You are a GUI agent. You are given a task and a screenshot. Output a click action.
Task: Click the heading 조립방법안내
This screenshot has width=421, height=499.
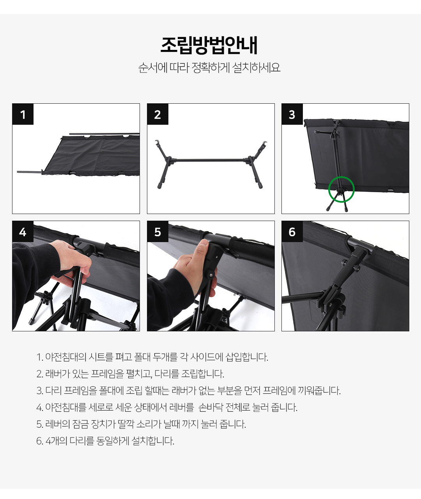209,45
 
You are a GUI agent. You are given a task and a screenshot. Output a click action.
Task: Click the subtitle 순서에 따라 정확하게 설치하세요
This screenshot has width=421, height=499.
209,67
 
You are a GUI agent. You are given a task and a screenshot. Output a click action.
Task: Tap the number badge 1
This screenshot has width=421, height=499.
23,114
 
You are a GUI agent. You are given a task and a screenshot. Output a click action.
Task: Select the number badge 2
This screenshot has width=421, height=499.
157,114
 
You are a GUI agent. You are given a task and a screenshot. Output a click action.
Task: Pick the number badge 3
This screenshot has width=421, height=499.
292,114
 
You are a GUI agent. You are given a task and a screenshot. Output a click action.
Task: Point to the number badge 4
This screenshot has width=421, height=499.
23,231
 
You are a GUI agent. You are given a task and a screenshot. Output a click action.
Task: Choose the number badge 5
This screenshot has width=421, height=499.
157,231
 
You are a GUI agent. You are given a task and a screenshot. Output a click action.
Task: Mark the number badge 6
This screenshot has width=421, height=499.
292,231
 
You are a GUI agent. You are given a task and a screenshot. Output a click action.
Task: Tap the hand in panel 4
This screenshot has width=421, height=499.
72,263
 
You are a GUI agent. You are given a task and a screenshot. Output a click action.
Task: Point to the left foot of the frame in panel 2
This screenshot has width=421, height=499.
159,186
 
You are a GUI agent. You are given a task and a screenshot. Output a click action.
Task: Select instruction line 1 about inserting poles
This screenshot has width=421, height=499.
152,357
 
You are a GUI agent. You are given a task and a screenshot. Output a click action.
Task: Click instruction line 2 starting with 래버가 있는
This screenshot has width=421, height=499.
130,374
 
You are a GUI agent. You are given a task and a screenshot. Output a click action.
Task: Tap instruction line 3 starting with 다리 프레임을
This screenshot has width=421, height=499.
189,391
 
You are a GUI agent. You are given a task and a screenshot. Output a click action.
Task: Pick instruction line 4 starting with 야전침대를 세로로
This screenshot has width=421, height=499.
167,407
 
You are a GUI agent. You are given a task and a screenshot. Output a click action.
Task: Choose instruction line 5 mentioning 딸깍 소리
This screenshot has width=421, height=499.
141,424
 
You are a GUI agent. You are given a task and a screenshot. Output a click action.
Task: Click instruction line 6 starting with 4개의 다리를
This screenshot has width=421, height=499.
105,441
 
